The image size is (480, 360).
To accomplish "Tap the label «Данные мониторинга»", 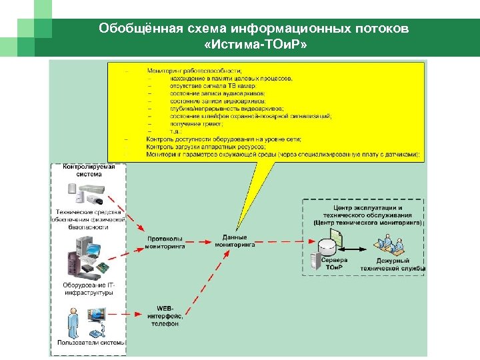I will tap(235, 241).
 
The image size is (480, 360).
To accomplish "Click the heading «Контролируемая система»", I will tap(89, 170).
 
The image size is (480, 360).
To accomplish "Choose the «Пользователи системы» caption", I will tap(91, 343).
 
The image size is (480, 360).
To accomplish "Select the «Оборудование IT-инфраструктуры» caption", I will tap(88, 289).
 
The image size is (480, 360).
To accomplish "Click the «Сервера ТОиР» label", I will tap(333, 264).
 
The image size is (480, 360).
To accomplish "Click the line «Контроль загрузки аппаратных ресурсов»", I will tap(205, 147).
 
